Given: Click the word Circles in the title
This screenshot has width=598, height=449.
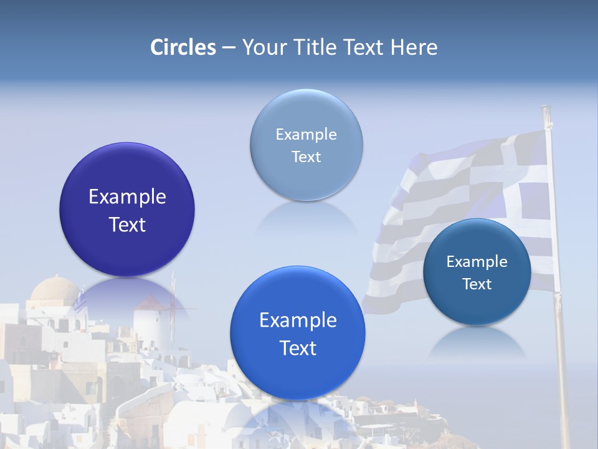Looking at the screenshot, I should (183, 47).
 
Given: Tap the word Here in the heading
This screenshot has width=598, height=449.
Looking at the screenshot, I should (414, 47).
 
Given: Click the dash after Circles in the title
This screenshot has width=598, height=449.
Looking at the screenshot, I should (229, 48).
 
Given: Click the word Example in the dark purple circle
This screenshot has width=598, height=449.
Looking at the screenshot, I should (127, 197).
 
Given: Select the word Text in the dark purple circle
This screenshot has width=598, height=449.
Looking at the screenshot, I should (127, 224).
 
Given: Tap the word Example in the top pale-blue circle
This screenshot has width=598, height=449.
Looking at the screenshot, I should (306, 134).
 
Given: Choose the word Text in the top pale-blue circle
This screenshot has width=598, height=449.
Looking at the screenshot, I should (306, 157).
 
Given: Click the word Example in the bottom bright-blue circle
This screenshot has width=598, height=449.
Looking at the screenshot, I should (298, 321).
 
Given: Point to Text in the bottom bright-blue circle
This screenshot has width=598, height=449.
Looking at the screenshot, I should (298, 348).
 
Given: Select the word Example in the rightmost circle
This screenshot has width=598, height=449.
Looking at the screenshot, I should (477, 261).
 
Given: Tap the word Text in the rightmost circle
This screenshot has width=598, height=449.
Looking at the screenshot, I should (477, 284).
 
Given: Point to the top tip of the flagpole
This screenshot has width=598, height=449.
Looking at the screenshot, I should (546, 109).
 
